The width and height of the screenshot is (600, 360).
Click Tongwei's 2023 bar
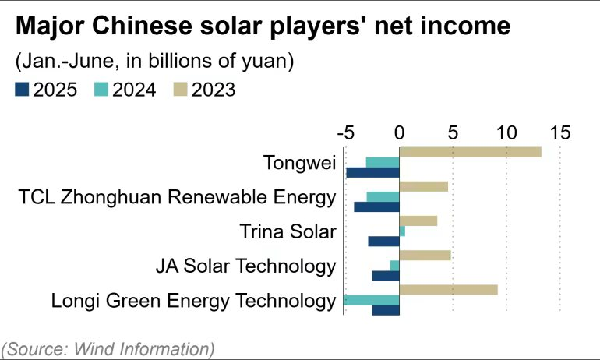470,152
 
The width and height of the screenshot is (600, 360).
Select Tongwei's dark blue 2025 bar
372,172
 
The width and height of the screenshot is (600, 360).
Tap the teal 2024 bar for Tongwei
382,162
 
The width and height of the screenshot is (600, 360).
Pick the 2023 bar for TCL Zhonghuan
423,186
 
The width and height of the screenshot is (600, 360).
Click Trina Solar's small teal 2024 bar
402,231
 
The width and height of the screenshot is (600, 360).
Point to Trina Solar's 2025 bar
383,242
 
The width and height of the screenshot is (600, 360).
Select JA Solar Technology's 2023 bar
425,255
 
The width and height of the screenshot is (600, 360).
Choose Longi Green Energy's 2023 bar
448,290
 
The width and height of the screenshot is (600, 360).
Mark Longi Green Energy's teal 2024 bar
372,300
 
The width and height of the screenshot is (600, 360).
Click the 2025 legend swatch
21,90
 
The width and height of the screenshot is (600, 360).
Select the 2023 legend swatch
178,90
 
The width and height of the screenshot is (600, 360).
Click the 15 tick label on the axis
559,132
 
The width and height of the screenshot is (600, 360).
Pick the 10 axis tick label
506,132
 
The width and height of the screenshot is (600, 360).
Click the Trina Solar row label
288,231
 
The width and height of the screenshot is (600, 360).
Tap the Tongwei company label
299,163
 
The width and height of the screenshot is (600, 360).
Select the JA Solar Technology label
245,266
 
